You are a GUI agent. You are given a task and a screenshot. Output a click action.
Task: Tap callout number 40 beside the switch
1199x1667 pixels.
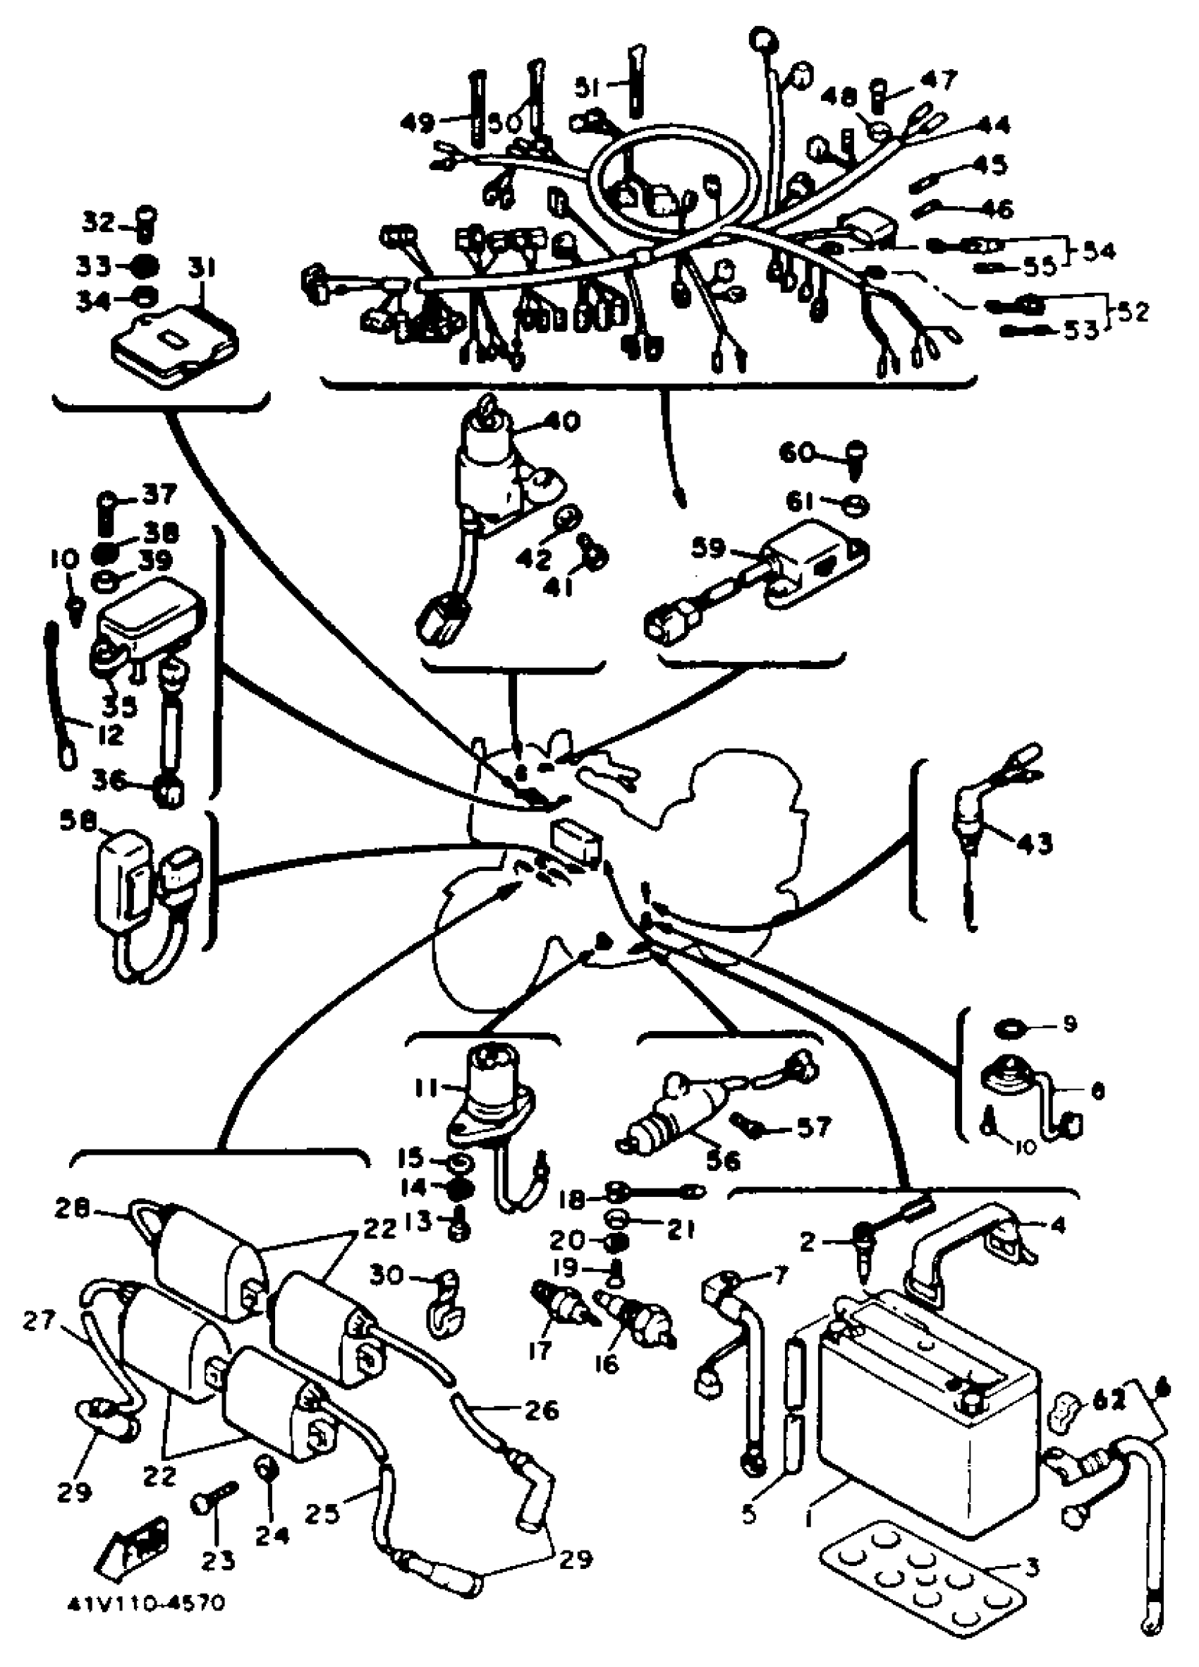(562, 421)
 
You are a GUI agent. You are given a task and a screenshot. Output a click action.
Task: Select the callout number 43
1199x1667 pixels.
(1033, 841)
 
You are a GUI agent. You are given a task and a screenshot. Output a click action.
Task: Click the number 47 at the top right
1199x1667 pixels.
(939, 78)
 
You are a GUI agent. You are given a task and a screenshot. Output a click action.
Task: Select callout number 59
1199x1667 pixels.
(709, 549)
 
